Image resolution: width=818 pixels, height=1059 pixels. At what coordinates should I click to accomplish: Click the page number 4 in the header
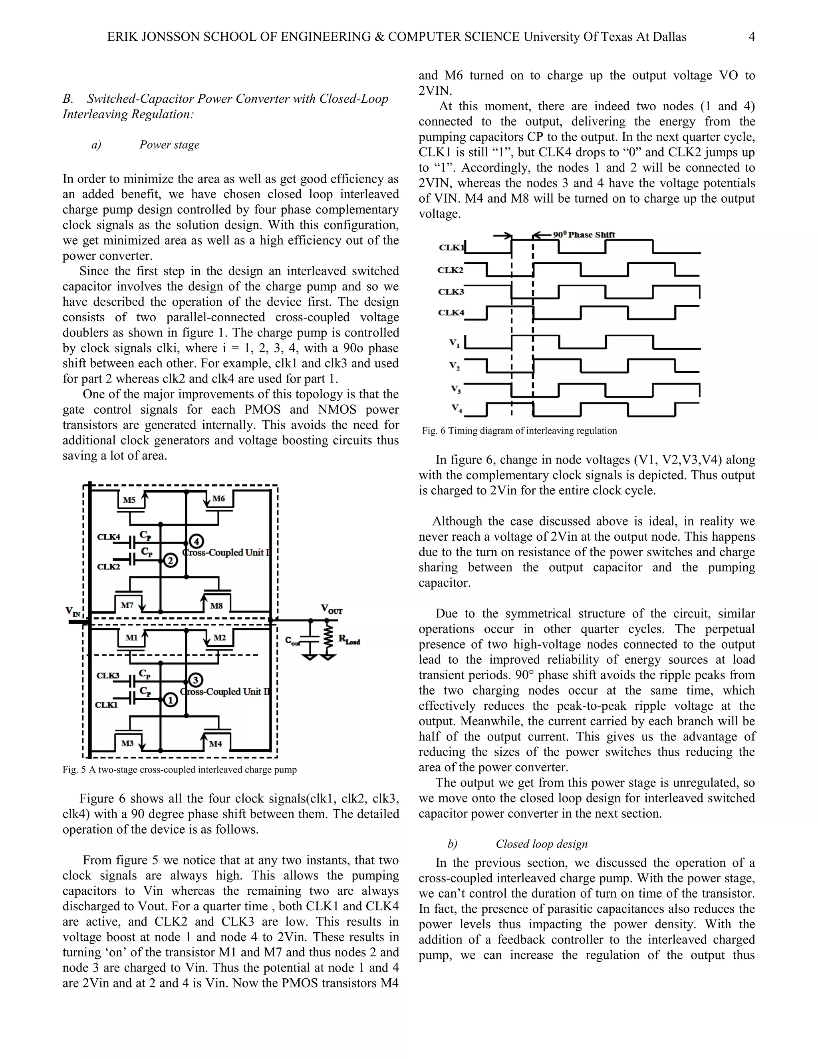(752, 37)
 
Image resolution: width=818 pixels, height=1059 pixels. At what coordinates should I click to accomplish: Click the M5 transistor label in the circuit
(129, 500)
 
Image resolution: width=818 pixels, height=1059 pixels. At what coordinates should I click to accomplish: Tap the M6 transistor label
(218, 498)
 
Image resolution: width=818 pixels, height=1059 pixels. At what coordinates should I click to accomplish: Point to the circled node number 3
(195, 680)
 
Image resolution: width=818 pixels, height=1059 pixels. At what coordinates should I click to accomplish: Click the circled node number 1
(170, 700)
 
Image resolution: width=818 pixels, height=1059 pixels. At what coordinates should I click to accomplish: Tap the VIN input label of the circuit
(73, 611)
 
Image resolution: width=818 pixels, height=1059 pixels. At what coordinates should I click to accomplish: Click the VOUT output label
(332, 609)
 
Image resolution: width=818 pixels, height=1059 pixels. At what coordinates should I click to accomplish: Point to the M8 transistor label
(216, 605)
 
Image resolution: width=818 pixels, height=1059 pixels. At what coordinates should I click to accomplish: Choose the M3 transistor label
(127, 743)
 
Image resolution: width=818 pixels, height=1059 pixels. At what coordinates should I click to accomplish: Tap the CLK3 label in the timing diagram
(451, 291)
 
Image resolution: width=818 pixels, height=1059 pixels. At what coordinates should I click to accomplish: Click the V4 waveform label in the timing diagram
(457, 408)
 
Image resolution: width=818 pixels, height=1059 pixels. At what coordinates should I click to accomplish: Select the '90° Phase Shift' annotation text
(584, 235)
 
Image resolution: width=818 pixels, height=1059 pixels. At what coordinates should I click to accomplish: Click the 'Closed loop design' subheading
(541, 844)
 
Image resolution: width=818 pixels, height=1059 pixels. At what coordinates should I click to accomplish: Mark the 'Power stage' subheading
(169, 145)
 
